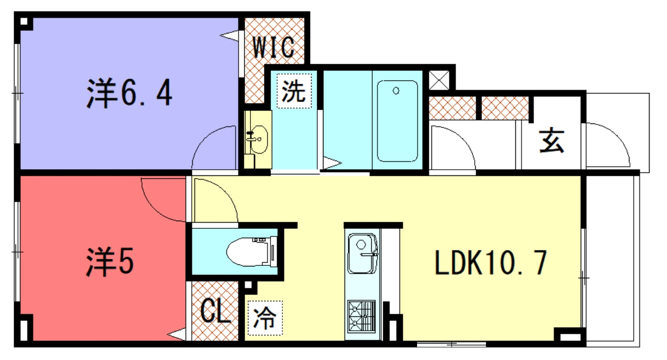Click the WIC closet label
[x=274, y=47]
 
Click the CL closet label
[x=215, y=312]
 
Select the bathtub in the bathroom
[x=396, y=121]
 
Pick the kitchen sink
[x=362, y=254]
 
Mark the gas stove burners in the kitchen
[x=362, y=316]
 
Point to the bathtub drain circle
[x=395, y=92]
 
